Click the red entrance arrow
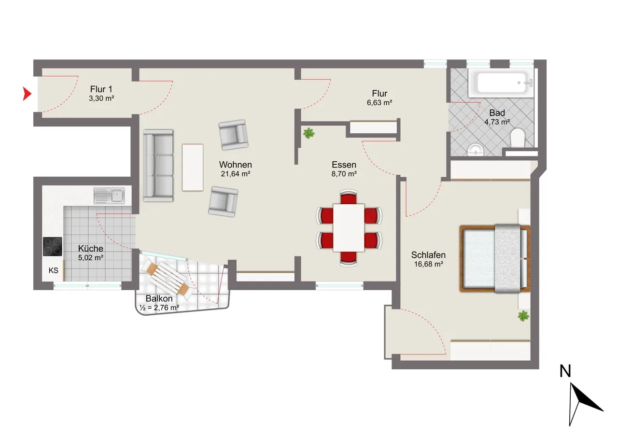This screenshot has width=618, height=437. [x=27, y=94]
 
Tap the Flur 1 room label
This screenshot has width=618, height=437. [x=101, y=89]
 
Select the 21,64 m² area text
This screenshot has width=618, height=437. [x=235, y=174]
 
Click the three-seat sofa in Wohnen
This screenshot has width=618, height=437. [x=158, y=166]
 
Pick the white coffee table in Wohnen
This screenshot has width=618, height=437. [x=193, y=168]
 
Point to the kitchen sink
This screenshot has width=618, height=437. [x=109, y=196]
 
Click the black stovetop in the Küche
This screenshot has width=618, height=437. [x=53, y=246]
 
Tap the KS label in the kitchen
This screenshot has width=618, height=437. [x=53, y=270]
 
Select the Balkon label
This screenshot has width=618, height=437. [x=159, y=298]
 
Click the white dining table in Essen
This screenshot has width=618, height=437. [x=349, y=227]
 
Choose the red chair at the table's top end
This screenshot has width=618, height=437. [x=349, y=197]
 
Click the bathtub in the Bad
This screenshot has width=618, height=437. [x=501, y=82]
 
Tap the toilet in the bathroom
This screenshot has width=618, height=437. [x=517, y=138]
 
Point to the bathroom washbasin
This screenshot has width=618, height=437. [x=476, y=150]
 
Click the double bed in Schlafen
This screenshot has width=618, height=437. [x=495, y=258]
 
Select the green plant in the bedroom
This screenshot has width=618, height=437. [x=523, y=316]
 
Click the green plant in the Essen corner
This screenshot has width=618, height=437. [x=309, y=133]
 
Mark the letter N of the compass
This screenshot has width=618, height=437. [x=565, y=371]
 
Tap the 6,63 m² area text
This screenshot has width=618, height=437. [x=379, y=103]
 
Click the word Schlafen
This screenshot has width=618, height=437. [x=428, y=254]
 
